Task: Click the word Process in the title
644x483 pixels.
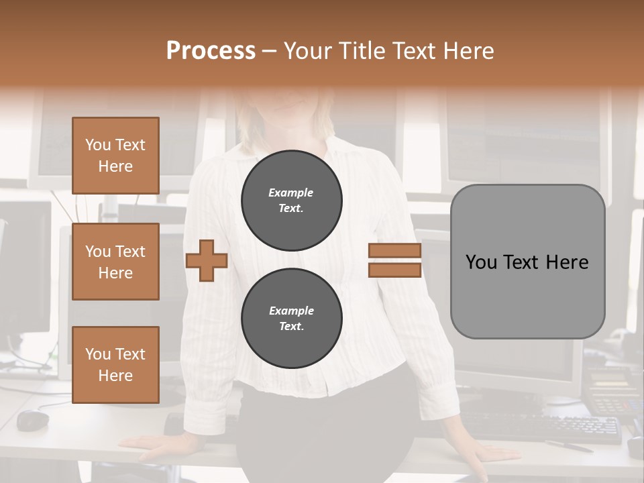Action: (x=211, y=50)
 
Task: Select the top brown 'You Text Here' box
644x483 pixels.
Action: (x=115, y=156)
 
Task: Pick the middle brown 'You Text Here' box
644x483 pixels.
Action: (x=115, y=262)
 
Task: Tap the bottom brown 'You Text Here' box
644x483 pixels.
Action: (x=115, y=365)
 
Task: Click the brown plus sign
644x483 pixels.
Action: (x=207, y=260)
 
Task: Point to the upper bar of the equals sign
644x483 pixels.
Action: (x=394, y=251)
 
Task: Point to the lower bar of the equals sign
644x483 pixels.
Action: (x=394, y=270)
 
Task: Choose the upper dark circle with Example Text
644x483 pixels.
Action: (x=292, y=201)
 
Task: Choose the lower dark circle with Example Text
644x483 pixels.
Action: (x=292, y=319)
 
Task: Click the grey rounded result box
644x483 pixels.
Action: (x=527, y=262)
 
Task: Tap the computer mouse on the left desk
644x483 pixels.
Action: (x=32, y=420)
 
